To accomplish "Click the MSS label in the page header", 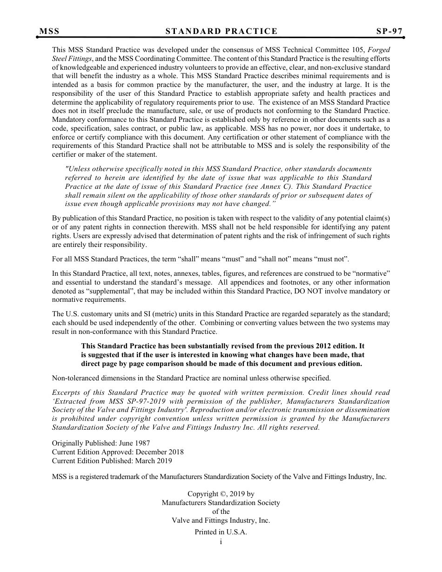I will click(49, 32).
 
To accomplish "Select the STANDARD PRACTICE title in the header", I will click(221, 32).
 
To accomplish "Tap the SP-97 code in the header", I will click(389, 32).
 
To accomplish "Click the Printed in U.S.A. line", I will click(221, 532).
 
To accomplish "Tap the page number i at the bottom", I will click(221, 541).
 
